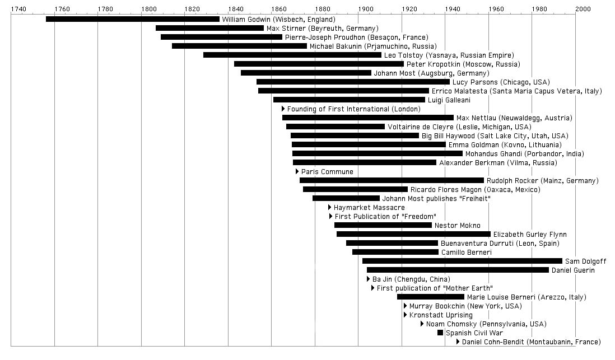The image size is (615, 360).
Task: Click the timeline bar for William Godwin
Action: [x=133, y=19]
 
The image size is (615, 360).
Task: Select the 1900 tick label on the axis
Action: [x=365, y=9]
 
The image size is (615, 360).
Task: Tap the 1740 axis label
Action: [x=18, y=9]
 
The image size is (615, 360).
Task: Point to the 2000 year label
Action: [x=583, y=9]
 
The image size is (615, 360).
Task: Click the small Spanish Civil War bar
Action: [x=440, y=333]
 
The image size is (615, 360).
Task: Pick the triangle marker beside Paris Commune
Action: [x=297, y=171]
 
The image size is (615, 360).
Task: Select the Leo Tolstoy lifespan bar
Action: [x=292, y=55]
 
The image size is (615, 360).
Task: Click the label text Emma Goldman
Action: [x=474, y=145]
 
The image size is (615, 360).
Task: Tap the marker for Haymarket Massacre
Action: [x=330, y=207]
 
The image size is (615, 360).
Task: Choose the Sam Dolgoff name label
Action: [x=585, y=261]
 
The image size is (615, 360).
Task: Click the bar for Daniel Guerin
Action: [x=458, y=270]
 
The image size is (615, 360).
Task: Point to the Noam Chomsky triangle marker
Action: [x=422, y=324]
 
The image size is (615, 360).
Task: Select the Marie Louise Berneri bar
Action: [x=431, y=297]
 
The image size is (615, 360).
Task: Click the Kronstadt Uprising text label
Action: [x=441, y=315]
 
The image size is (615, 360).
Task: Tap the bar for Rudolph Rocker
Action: [x=392, y=180]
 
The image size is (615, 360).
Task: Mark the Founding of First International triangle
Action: [x=283, y=109]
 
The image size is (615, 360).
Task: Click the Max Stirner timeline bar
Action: [x=209, y=28]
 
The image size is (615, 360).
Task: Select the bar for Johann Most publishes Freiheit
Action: [x=346, y=198]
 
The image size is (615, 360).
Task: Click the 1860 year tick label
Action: [x=278, y=9]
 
